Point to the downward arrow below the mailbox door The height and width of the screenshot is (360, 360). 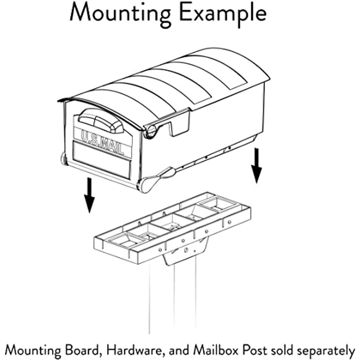(89, 195)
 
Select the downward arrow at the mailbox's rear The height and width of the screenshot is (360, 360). (256, 166)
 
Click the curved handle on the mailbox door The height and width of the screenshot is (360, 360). (101, 121)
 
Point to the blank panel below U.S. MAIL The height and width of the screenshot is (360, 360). (102, 160)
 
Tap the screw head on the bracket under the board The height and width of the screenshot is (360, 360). (186, 249)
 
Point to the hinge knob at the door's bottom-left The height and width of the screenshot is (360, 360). (63, 158)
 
